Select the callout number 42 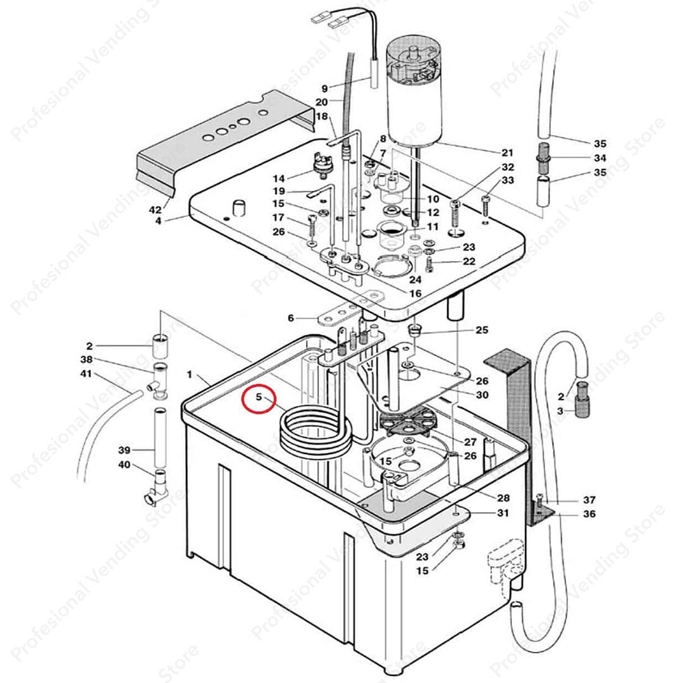pyautogui.click(x=154, y=208)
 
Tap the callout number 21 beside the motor pyautogui.click(x=507, y=153)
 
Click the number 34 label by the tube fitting pyautogui.click(x=600, y=158)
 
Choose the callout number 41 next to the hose pyautogui.click(x=85, y=374)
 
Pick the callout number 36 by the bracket pyautogui.click(x=589, y=514)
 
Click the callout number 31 pyautogui.click(x=502, y=513)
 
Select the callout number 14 pyautogui.click(x=279, y=178)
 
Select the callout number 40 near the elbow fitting pyautogui.click(x=124, y=465)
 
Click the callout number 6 pyautogui.click(x=291, y=318)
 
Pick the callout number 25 pyautogui.click(x=482, y=330)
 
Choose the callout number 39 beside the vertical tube pyautogui.click(x=124, y=450)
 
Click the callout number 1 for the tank pyautogui.click(x=189, y=375)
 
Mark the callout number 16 pyautogui.click(x=415, y=293)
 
